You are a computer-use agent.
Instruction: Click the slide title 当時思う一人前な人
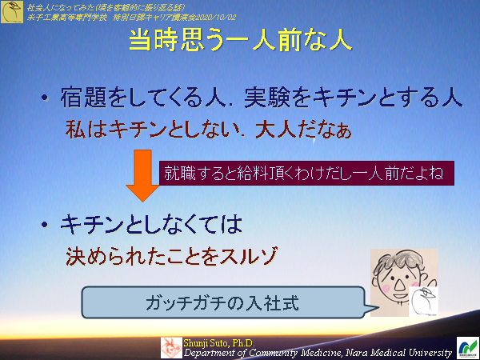click(240, 42)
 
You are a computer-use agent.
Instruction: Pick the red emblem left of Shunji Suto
click(170, 347)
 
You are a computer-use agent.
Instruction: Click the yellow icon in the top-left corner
click(11, 10)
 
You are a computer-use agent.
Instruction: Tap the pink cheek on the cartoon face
click(383, 285)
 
